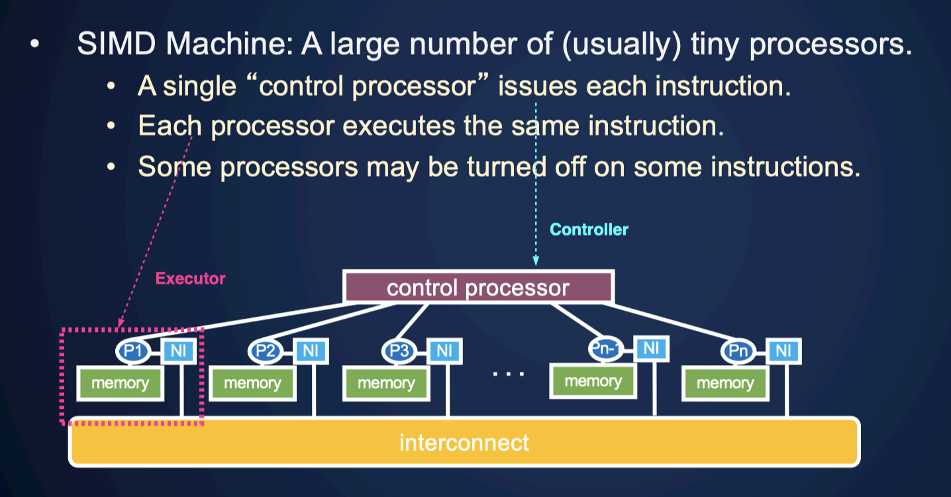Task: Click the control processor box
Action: coord(478,287)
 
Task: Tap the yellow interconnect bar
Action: coord(464,442)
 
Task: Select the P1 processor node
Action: coord(133,351)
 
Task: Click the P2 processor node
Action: coord(266,351)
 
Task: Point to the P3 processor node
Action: coord(399,351)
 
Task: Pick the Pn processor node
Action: coord(738,351)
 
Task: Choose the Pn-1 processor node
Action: coord(606,349)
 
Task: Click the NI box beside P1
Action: coord(178,351)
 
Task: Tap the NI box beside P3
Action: coord(444,351)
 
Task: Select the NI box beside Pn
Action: coord(783,351)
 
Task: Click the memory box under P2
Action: coord(252,384)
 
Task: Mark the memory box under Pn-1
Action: coord(593,381)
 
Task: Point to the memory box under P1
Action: coord(120,384)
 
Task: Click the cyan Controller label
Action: coord(589,230)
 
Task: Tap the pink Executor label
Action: coord(190,279)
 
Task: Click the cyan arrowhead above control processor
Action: coord(536,260)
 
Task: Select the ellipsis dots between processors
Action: coord(508,374)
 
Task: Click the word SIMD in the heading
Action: coord(117,43)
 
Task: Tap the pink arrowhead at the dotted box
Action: coord(121,322)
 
